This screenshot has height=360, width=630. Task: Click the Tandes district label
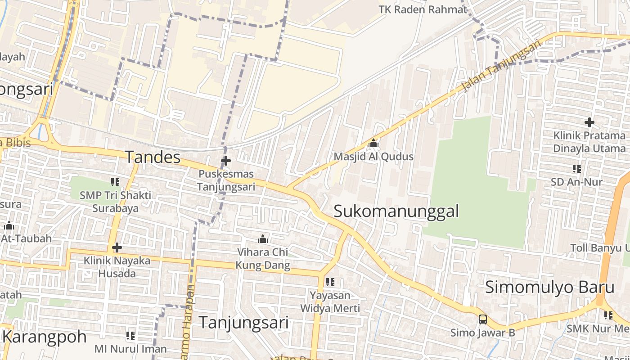tap(153, 157)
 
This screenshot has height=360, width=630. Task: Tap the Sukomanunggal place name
tap(396, 211)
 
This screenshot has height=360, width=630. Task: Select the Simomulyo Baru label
tap(549, 287)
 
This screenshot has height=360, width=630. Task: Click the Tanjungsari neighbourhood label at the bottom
tap(243, 322)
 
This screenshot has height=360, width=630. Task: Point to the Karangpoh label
tap(44, 337)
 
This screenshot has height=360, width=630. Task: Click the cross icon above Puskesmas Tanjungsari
tap(226, 160)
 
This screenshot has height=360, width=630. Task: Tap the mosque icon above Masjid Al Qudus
tap(373, 144)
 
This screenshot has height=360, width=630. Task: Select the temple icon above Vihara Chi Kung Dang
tap(263, 239)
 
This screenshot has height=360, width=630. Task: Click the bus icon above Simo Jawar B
tap(483, 319)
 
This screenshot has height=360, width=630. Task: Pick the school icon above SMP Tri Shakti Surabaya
tap(115, 182)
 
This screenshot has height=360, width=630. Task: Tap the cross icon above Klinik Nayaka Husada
tap(117, 247)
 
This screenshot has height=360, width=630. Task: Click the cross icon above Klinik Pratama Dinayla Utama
tap(589, 122)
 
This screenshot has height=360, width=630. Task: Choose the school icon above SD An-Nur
tap(577, 169)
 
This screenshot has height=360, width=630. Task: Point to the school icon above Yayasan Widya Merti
tap(330, 282)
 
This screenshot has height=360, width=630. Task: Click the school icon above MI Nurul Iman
tap(130, 335)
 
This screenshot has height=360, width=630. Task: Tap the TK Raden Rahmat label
tap(423, 9)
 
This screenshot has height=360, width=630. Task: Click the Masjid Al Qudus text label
tap(373, 157)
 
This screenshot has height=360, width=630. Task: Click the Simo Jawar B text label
tap(483, 333)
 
